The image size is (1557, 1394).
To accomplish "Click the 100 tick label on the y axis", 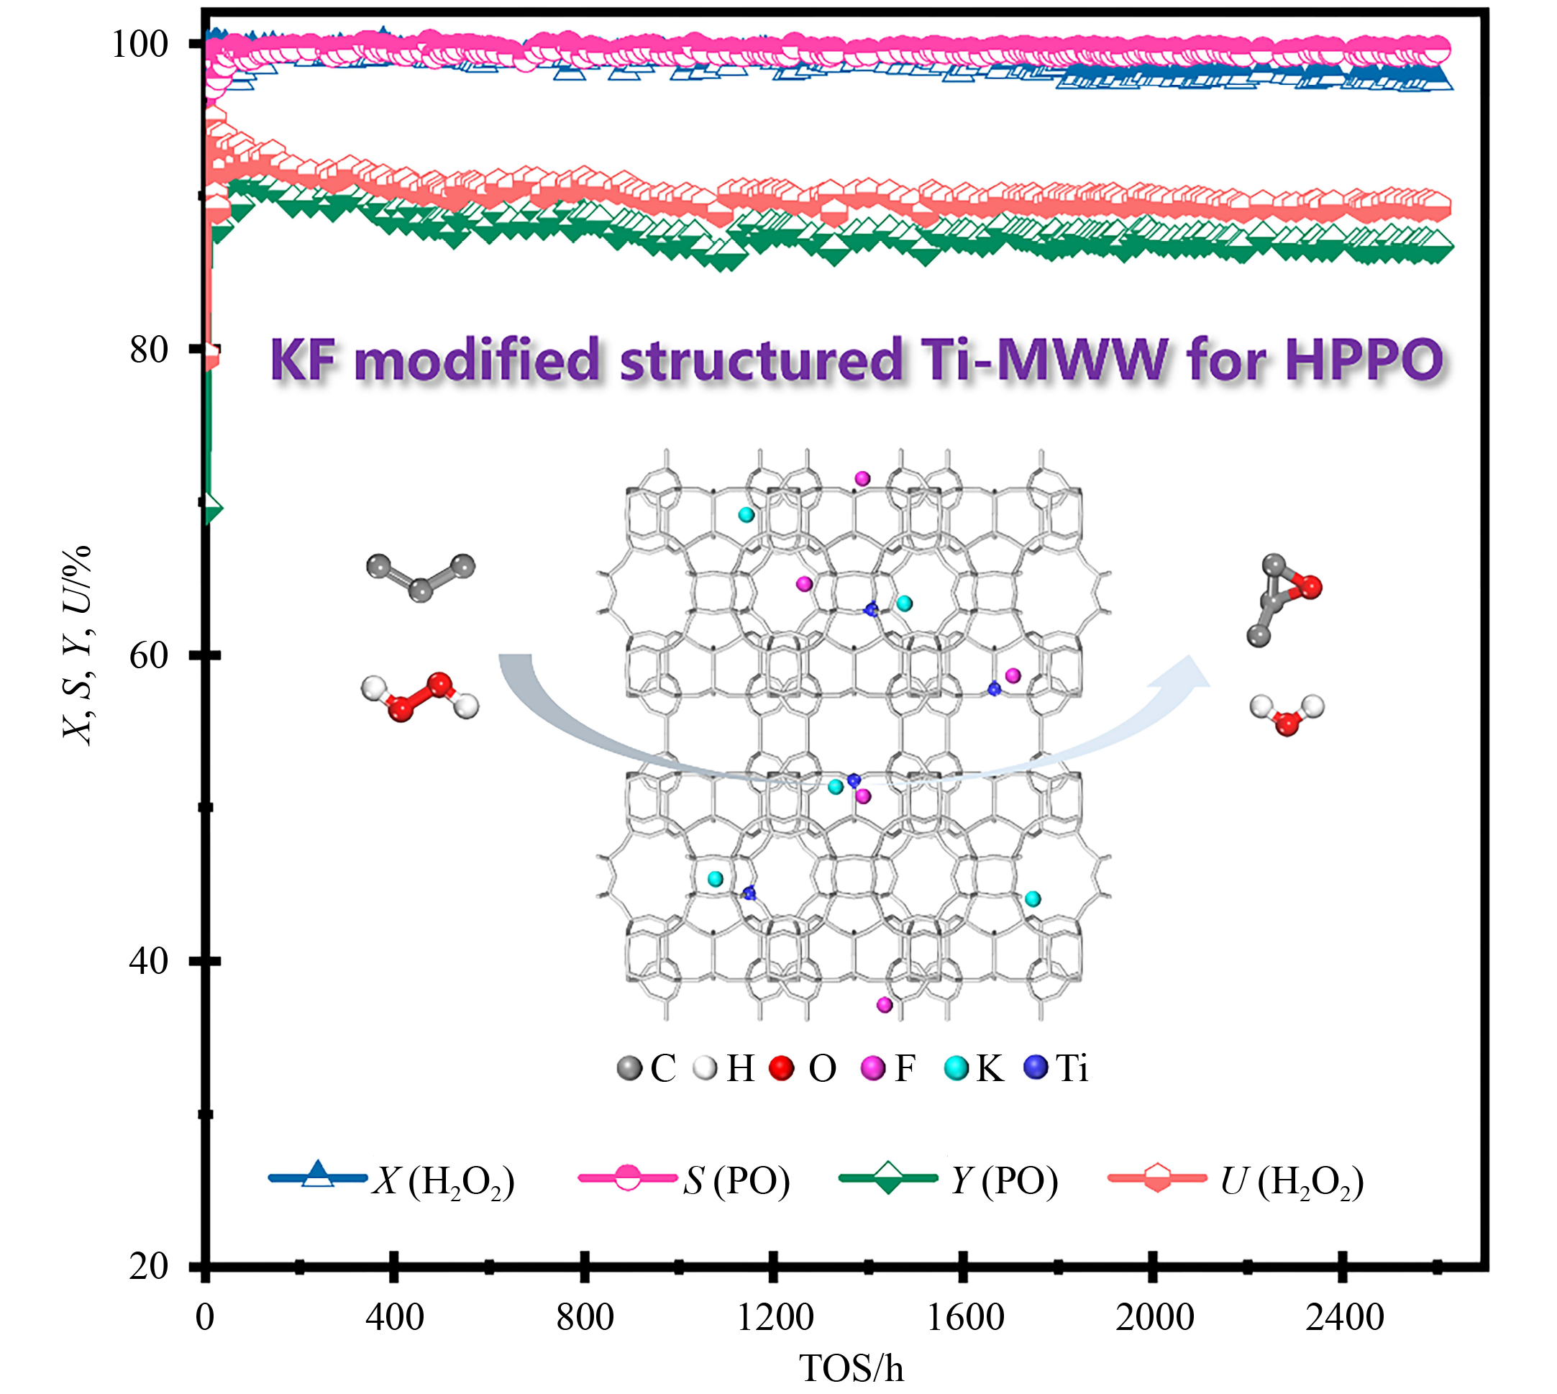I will [x=140, y=45].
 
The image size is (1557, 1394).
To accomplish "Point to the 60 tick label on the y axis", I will [x=149, y=655].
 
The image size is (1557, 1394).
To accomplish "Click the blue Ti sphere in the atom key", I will [x=1036, y=1067].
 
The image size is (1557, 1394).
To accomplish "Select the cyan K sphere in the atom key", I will [x=956, y=1067].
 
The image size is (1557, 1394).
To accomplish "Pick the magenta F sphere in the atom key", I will [x=873, y=1067].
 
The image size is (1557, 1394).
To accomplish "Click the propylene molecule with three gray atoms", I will [x=421, y=577].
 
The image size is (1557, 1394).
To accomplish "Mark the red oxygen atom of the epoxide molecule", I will [x=1310, y=588].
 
